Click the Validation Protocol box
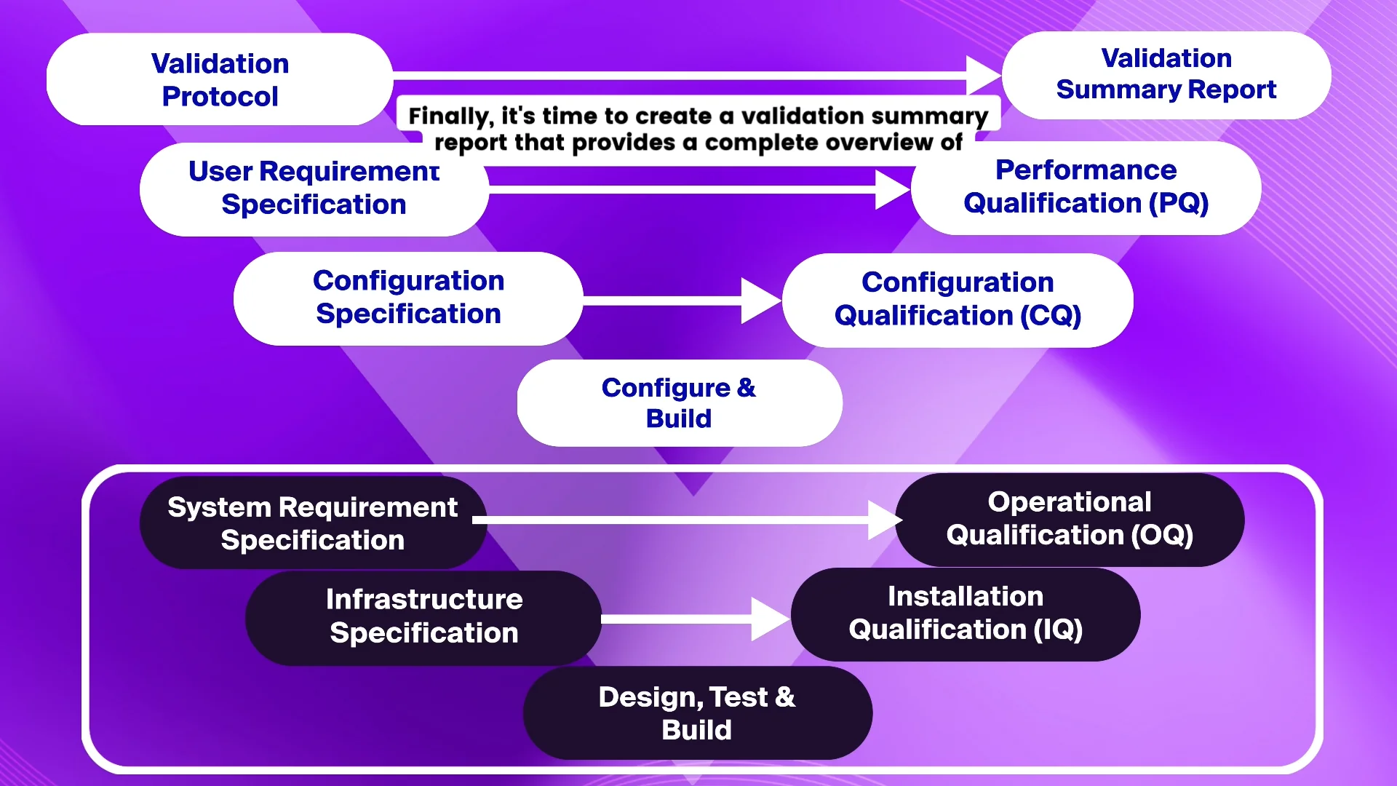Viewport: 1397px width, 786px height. coord(220,79)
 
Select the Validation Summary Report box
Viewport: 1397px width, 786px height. coord(1166,74)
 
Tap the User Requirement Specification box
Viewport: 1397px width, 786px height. coord(314,188)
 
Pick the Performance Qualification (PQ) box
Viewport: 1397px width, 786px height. coord(1086,187)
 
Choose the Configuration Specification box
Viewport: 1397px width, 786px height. coord(408,298)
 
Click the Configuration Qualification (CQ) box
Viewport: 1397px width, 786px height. coord(958,299)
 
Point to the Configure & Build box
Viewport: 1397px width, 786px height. coord(679,402)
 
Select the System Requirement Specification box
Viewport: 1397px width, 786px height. coord(313,523)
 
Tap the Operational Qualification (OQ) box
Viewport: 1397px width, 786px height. coord(1070,519)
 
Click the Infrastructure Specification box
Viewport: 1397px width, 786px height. coord(423,616)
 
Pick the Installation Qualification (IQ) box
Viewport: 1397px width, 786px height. coord(966,614)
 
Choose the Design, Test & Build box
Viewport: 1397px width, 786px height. coord(697,713)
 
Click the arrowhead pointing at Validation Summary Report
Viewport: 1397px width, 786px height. coord(982,75)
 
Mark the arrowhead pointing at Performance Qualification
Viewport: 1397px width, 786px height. coord(891,189)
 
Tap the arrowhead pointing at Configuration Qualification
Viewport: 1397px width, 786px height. coord(759,300)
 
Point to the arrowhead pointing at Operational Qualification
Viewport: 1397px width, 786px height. coord(884,520)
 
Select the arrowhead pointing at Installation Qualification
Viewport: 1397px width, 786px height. coord(769,619)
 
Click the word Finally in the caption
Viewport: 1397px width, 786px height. coord(450,116)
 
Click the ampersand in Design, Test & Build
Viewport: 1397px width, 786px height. coord(785,697)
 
